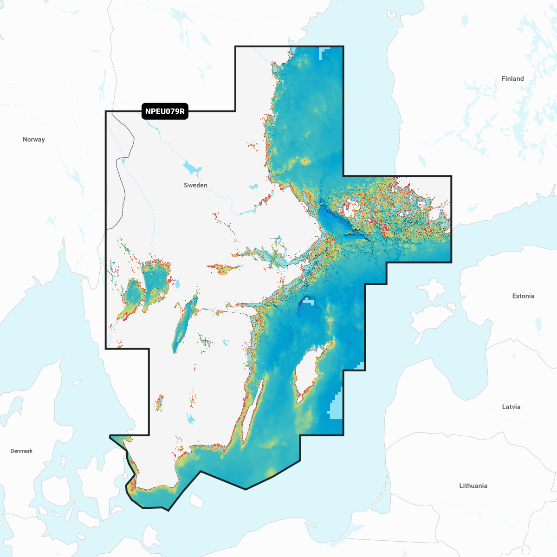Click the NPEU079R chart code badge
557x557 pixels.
tap(165, 111)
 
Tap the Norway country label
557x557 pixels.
tap(33, 139)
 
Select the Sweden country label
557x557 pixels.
tap(195, 185)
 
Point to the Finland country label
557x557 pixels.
tap(512, 78)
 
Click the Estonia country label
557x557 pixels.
tap(523, 296)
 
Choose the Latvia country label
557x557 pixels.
tap(511, 407)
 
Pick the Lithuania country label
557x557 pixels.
tap(473, 486)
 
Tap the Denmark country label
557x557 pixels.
tap(21, 451)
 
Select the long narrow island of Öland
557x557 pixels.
tap(253, 408)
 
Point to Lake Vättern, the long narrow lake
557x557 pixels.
tap(183, 325)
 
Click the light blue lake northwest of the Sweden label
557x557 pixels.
tap(191, 168)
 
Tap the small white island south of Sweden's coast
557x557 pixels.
tap(196, 500)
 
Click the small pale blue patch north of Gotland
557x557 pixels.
tap(307, 302)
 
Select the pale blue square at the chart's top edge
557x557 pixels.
tap(323, 53)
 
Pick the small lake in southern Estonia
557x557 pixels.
tap(538, 325)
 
